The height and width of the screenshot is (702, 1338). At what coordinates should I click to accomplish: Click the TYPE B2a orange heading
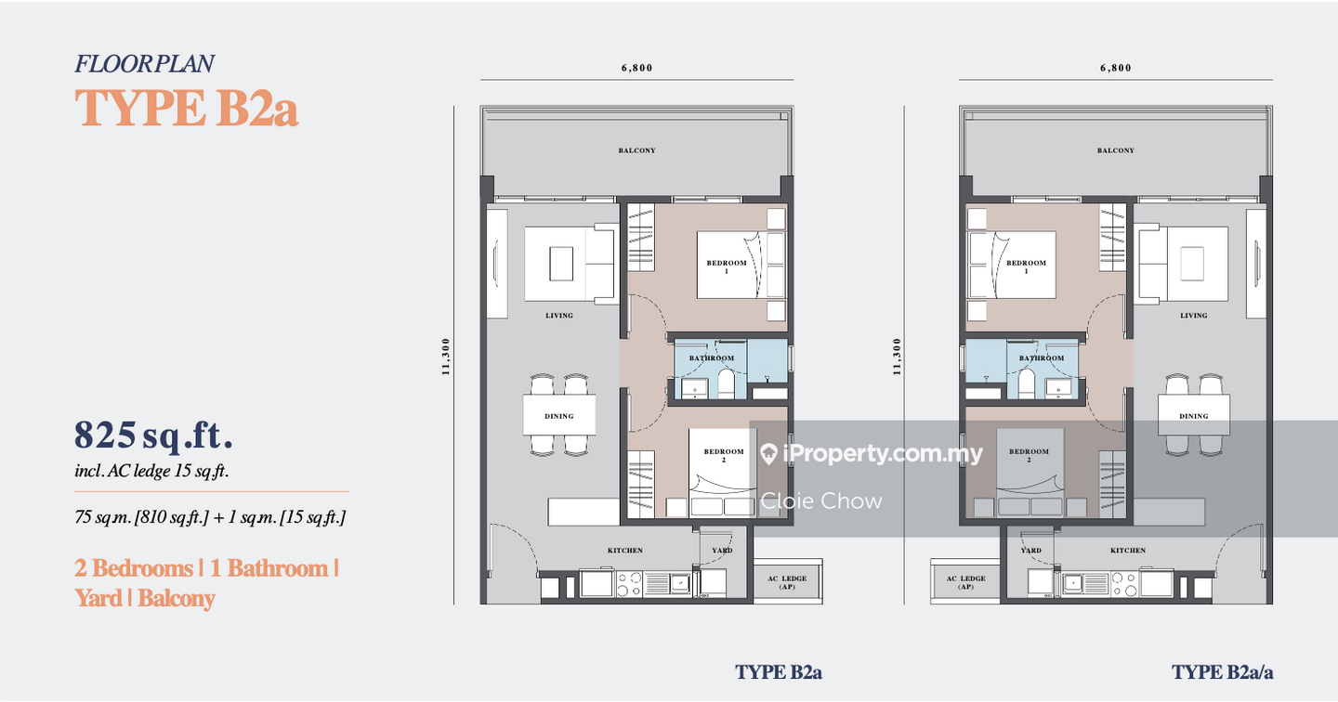pos(187,108)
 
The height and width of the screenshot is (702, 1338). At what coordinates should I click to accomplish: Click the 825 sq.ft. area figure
pos(153,435)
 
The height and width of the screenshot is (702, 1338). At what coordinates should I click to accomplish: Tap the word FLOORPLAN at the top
pos(144,64)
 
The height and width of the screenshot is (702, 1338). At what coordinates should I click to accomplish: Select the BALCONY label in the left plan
pos(636,150)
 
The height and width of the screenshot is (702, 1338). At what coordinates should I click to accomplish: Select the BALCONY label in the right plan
pos(1116,150)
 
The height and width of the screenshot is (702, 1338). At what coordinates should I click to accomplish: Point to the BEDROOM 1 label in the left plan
pos(727,266)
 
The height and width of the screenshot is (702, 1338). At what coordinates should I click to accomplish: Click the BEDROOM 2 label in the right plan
pos(1029,455)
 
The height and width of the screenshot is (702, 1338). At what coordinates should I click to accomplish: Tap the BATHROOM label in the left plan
pos(712,358)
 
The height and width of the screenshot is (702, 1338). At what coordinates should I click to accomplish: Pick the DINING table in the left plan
pos(559,415)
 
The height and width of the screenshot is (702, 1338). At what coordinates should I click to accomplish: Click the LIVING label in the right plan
pos(1193,315)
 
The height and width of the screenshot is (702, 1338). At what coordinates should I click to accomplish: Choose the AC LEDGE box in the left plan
pos(787,581)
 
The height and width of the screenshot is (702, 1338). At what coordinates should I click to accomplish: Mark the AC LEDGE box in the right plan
pos(965,581)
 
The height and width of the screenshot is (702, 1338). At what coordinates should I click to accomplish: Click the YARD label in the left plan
pos(722,551)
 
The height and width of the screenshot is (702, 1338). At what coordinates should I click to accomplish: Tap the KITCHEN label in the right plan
pos(1128,551)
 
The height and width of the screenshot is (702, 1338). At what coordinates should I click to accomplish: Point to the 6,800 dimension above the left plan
pos(636,68)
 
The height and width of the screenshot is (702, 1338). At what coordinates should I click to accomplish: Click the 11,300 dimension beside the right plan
pos(897,357)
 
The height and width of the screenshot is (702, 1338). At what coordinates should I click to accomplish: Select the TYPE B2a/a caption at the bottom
pos(1222,672)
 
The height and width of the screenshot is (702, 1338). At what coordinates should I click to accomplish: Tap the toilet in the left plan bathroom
pos(726,383)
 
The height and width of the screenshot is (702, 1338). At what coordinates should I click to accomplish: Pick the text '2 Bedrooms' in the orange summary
pos(133,567)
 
